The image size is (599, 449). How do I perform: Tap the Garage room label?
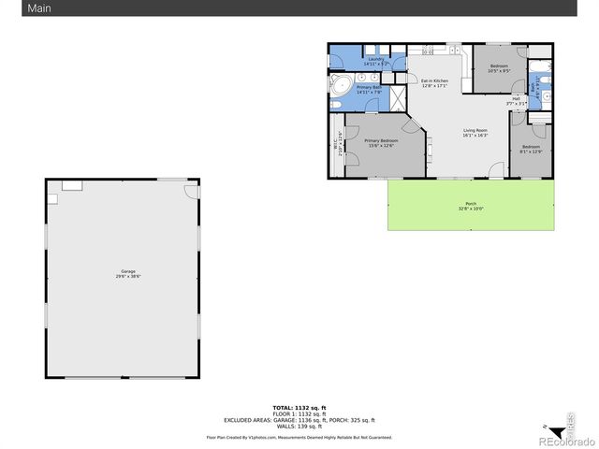[x=126, y=273]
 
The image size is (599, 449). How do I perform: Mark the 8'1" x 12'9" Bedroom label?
[x=531, y=149]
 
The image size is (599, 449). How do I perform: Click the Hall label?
[x=516, y=100]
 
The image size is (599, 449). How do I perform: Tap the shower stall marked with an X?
[x=397, y=95]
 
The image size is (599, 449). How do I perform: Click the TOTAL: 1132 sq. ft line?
[x=299, y=408]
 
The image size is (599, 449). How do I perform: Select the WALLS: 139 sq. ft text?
[x=299, y=426]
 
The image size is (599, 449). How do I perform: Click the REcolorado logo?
[x=564, y=441]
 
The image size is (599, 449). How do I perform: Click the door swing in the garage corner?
[x=191, y=191]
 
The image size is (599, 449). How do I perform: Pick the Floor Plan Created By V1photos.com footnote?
[x=299, y=437]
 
